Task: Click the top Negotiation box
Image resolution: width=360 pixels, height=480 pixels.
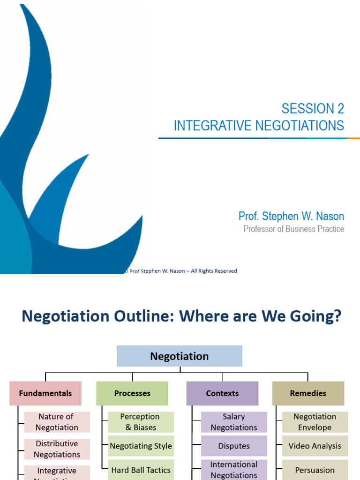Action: pyautogui.click(x=180, y=356)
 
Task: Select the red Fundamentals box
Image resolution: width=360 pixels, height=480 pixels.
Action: pyautogui.click(x=45, y=393)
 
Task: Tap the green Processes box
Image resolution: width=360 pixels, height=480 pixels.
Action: pyautogui.click(x=132, y=393)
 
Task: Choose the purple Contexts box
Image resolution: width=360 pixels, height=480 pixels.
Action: pyautogui.click(x=222, y=393)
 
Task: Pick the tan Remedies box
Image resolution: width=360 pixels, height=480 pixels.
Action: pyautogui.click(x=308, y=393)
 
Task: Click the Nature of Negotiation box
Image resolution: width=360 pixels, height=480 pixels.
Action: pyautogui.click(x=57, y=422)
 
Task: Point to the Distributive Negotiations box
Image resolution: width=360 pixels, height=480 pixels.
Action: pyautogui.click(x=57, y=449)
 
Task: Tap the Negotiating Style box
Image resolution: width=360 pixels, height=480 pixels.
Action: pyautogui.click(x=141, y=446)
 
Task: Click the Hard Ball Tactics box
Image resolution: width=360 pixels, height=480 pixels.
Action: pyautogui.click(x=141, y=470)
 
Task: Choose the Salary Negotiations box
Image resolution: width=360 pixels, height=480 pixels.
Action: pyautogui.click(x=234, y=422)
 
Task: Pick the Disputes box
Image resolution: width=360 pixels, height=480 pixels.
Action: pyautogui.click(x=234, y=446)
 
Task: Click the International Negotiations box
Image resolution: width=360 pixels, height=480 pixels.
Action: pyautogui.click(x=234, y=470)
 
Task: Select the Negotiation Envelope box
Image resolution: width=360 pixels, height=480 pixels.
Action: pyautogui.click(x=315, y=422)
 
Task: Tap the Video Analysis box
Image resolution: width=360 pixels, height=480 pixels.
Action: pyautogui.click(x=315, y=446)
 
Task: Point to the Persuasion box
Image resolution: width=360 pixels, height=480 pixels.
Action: pyautogui.click(x=315, y=470)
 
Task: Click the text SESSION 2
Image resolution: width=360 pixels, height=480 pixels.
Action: pyautogui.click(x=313, y=109)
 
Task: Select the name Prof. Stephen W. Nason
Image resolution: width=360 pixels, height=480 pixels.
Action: pyautogui.click(x=291, y=216)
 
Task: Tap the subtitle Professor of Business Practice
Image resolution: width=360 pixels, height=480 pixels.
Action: pyautogui.click(x=294, y=229)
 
